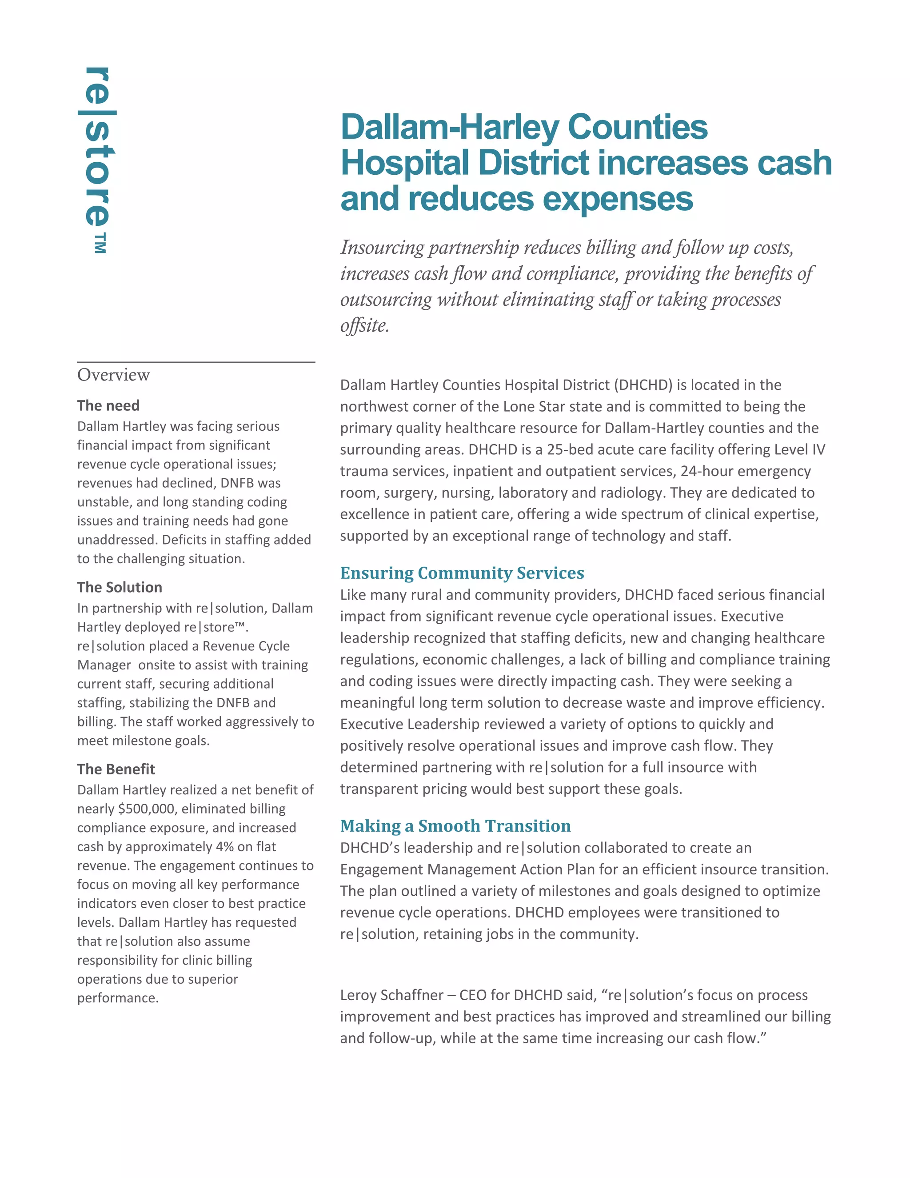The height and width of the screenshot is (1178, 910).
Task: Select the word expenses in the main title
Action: (618, 199)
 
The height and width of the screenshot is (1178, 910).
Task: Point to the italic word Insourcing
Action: (382, 248)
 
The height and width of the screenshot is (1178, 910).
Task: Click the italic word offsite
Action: (364, 326)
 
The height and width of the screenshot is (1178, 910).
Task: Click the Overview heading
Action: (113, 375)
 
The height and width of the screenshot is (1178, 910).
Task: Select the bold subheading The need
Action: (108, 405)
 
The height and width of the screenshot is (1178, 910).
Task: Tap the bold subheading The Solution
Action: (119, 587)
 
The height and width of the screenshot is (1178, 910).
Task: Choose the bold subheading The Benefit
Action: (116, 769)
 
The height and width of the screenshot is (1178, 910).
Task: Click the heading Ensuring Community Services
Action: (462, 573)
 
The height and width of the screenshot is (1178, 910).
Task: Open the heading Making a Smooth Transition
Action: (455, 826)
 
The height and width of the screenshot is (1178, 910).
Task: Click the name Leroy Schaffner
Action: (391, 995)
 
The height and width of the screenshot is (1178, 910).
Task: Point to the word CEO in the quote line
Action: (473, 995)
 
